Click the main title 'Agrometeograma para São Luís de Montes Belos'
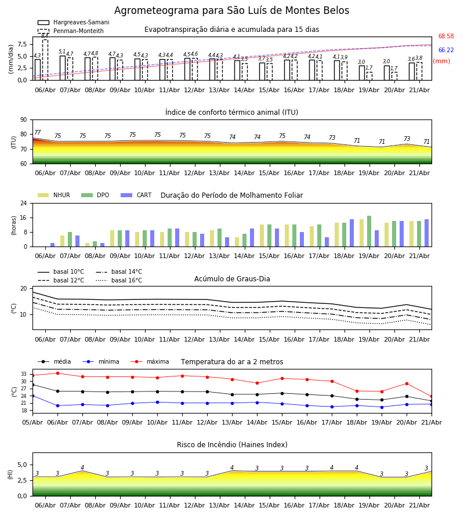click(231, 10)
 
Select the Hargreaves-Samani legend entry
click(73, 22)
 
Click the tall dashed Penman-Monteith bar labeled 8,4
click(45, 60)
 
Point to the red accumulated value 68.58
click(446, 37)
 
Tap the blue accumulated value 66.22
click(446, 50)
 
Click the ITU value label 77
click(38, 132)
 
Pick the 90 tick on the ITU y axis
click(24, 120)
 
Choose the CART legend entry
click(136, 195)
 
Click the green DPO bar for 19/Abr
click(369, 231)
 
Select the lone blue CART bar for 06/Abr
click(53, 245)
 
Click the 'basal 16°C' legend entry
click(119, 280)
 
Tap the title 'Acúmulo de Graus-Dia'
click(232, 278)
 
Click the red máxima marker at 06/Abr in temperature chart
click(57, 373)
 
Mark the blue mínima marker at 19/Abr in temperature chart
click(382, 407)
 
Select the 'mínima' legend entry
click(101, 361)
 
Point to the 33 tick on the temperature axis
click(24, 374)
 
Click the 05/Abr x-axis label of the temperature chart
click(32, 422)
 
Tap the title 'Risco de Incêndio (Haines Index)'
click(232, 445)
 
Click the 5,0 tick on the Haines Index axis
click(23, 465)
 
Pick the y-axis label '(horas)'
click(14, 226)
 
